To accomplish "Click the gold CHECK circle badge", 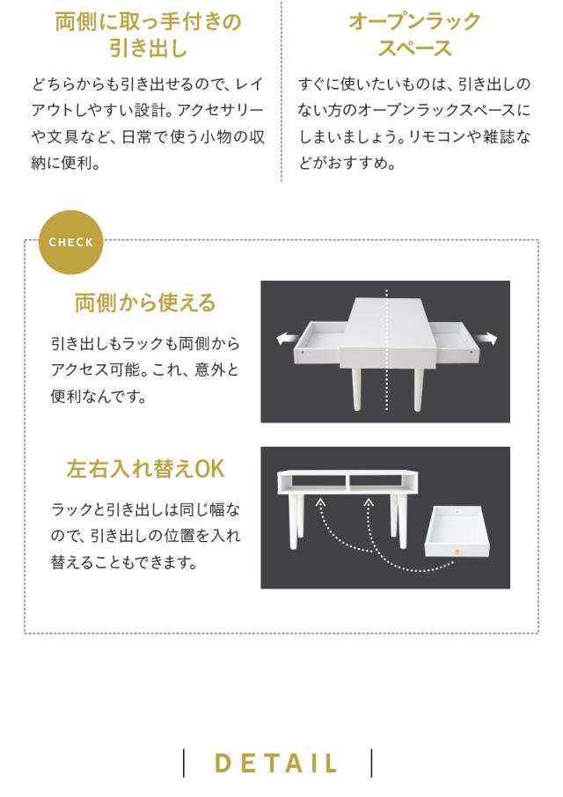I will click(70, 242).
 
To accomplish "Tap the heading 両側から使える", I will click(145, 303).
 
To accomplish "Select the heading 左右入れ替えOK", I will click(145, 469).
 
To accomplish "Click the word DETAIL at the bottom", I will click(277, 764).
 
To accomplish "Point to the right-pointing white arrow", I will click(487, 339).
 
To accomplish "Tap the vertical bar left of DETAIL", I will click(184, 763).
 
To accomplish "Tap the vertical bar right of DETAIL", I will click(372, 763).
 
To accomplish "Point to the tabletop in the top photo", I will click(388, 317).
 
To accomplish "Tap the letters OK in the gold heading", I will click(210, 469).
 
